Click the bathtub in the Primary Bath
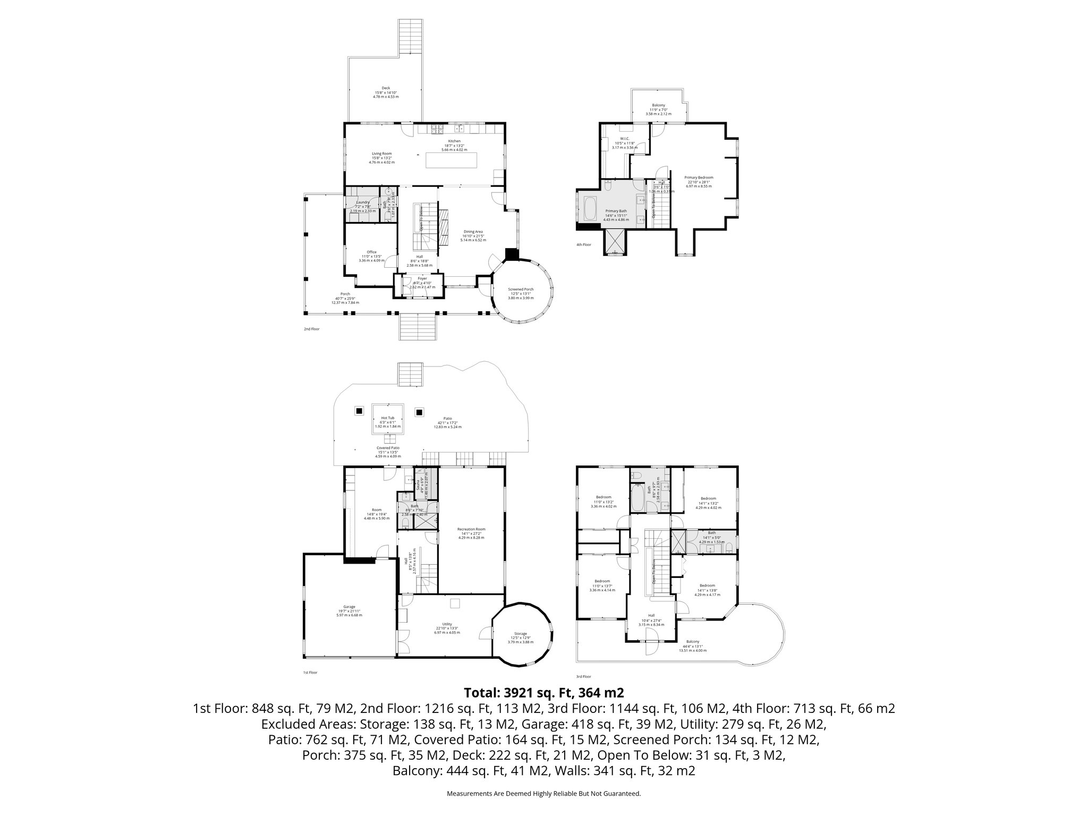pos(591,210)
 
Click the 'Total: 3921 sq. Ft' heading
pos(543,693)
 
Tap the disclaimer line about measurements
pos(543,793)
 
